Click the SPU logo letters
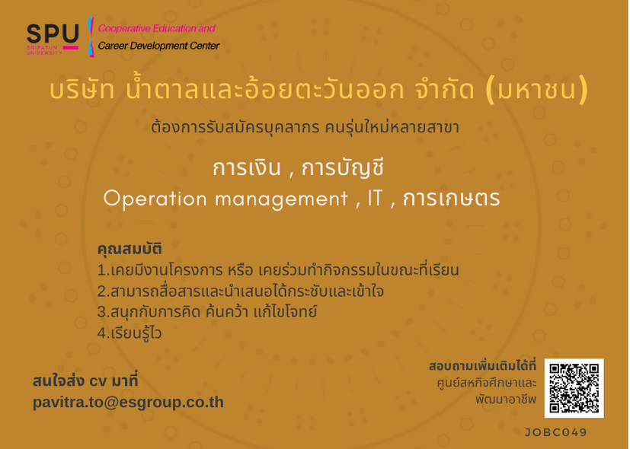[x=53, y=33]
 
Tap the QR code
[x=574, y=388]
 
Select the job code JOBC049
[x=555, y=432]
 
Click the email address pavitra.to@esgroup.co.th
[x=128, y=403]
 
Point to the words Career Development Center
[x=158, y=46]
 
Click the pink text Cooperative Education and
[x=157, y=28]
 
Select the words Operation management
[x=225, y=199]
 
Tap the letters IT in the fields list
[x=376, y=198]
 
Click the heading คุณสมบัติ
[x=130, y=249]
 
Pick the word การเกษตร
[x=451, y=198]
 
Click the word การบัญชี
[x=343, y=167]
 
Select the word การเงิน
[x=247, y=167]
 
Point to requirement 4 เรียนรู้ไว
[x=130, y=333]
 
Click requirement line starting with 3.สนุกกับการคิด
[x=207, y=312]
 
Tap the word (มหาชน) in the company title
[x=537, y=90]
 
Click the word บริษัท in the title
[x=82, y=89]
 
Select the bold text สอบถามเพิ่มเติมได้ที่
[x=482, y=366]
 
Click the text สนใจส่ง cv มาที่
[x=85, y=381]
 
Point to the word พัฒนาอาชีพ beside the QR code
[x=507, y=400]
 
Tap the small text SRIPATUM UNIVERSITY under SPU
[x=45, y=50]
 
